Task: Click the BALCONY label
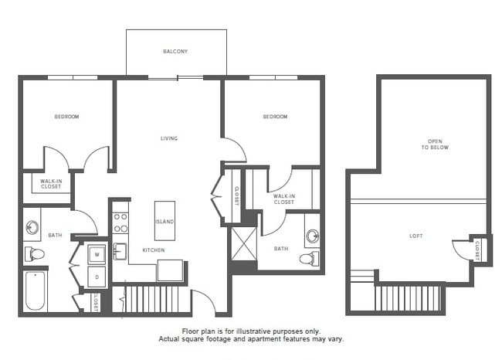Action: coord(175,52)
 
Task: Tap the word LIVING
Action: coord(169,139)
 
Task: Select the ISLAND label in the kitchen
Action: coord(165,222)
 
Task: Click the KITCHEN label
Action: coord(153,250)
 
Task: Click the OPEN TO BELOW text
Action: coord(438,144)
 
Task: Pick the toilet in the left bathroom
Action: coord(35,254)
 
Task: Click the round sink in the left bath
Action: coord(32,228)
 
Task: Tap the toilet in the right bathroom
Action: coord(308,258)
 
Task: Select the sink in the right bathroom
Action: coord(312,235)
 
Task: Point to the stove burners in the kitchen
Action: coord(120,223)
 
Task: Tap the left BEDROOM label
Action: coord(66,117)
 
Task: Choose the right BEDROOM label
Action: coord(275,117)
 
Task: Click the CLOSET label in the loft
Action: coord(479,249)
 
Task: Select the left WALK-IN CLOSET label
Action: coord(51,183)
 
